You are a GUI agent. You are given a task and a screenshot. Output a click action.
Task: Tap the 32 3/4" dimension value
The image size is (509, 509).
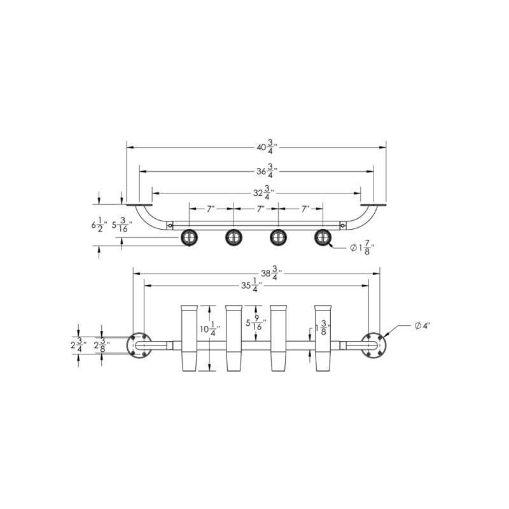point(263,193)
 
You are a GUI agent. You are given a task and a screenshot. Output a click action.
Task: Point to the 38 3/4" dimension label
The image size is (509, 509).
point(272,273)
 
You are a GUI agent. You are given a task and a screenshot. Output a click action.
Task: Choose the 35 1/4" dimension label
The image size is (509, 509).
point(251,285)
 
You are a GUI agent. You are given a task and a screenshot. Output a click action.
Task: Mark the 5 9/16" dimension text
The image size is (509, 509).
point(256,323)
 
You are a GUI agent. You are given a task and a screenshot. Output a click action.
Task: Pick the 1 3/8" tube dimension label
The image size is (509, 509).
point(323,328)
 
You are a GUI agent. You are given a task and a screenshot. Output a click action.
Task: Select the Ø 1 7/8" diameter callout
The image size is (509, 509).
point(362,248)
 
